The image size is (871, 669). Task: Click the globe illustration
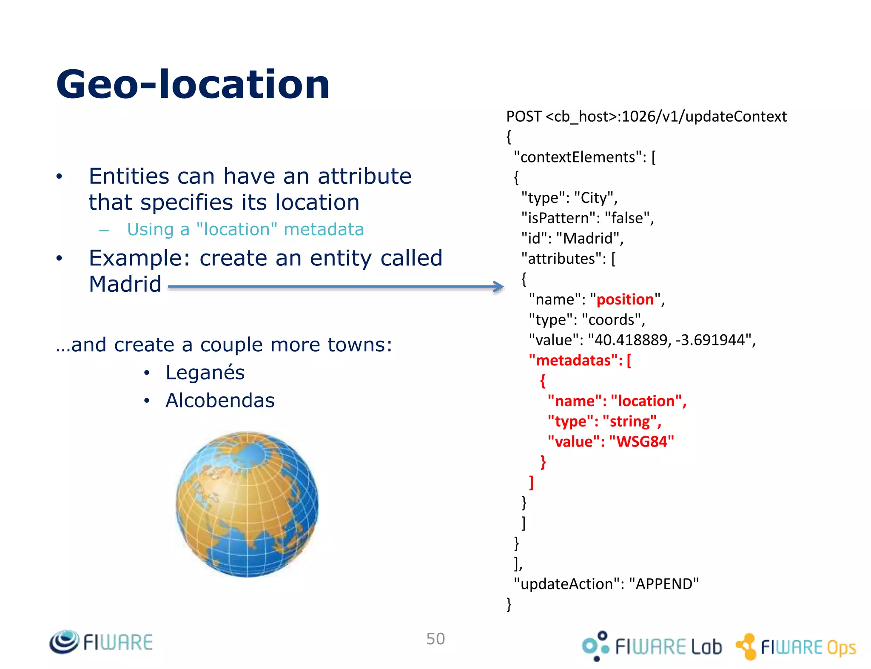247,504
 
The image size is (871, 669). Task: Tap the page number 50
435,639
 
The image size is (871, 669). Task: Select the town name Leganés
205,373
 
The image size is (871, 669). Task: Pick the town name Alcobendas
220,400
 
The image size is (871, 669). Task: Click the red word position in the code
625,299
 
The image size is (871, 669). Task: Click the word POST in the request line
524,117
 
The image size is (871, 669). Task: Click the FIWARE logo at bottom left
101,642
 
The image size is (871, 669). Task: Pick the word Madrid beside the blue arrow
125,284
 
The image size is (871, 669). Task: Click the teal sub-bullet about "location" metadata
245,230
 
